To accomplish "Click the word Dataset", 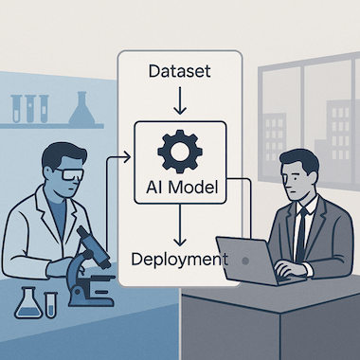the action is [179, 71].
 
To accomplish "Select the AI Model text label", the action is [182, 187].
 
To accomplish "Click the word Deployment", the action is [179, 260].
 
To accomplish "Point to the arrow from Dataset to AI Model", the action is [180, 100].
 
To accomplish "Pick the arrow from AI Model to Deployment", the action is [180, 225].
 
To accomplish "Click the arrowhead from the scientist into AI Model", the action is [127, 157].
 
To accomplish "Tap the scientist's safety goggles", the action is [72, 174].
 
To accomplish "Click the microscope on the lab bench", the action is [91, 268].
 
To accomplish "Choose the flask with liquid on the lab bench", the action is [28, 305].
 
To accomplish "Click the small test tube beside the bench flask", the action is [50, 305].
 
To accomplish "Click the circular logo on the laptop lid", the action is [245, 261].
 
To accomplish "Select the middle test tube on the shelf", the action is [30, 109].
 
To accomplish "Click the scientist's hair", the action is [63, 154].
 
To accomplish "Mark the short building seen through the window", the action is [274, 138].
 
